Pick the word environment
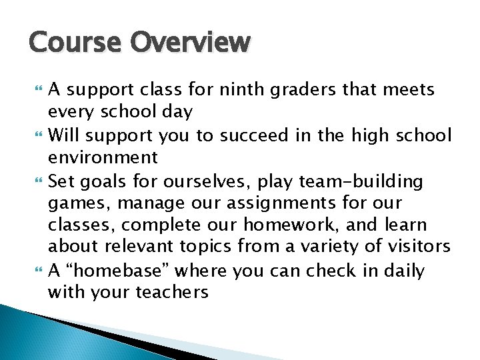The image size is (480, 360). click(103, 158)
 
